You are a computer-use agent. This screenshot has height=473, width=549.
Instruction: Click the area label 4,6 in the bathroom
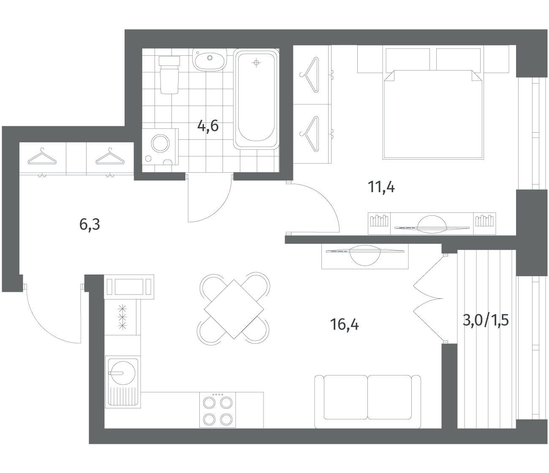pos(208,126)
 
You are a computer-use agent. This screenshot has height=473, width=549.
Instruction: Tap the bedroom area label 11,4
pos(381,187)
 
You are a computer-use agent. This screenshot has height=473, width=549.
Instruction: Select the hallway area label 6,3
pos(90,224)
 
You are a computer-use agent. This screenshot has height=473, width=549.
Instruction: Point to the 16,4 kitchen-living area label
pos(344,324)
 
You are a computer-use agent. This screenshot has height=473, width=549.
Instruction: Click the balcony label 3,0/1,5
pos(486,321)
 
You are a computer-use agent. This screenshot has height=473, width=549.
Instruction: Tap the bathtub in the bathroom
pos(256,99)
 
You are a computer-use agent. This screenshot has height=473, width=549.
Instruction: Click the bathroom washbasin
pos(210,60)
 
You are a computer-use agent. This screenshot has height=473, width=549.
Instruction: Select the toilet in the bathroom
pos(169,75)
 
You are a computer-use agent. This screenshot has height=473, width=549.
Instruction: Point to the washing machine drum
pos(160,144)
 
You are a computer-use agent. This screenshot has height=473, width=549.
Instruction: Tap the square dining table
pos(234,309)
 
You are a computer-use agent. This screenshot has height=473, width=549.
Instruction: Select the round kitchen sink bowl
pos(123,373)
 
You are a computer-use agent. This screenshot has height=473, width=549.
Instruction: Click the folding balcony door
pos(428,298)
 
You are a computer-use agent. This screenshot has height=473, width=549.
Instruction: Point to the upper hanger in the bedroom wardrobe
pos(310,75)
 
